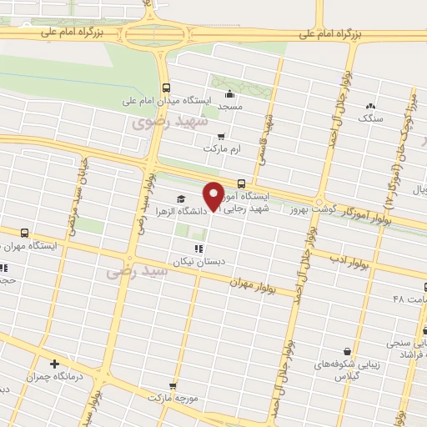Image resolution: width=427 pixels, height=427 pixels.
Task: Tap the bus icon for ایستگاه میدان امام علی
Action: pos(166,87)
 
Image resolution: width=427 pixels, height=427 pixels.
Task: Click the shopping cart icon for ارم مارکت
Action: pos(220,135)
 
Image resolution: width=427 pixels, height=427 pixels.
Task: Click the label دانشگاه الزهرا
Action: pos(180,211)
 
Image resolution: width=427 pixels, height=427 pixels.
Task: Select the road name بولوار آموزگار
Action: pos(371,219)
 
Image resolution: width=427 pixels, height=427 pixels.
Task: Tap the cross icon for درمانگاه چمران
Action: pos(55,364)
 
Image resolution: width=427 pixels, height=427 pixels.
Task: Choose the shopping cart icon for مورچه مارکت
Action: pos(173,385)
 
